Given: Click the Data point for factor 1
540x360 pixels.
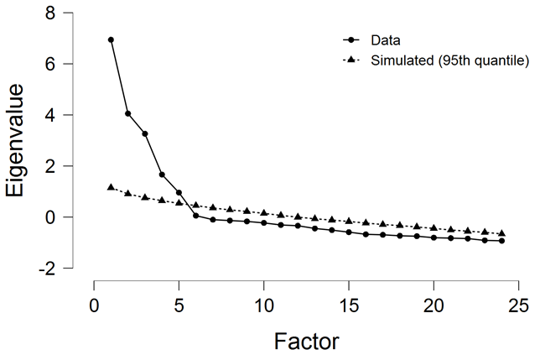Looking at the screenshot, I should pyautogui.click(x=111, y=39).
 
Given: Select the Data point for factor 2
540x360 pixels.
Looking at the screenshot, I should pyautogui.click(x=128, y=113).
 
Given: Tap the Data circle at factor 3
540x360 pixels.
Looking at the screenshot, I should pyautogui.click(x=145, y=133).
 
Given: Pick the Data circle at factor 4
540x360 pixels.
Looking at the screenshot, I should pyautogui.click(x=162, y=175).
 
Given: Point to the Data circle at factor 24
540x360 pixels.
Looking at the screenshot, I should pyautogui.click(x=501, y=241).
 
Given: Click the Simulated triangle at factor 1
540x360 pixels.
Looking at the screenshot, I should pyautogui.click(x=111, y=187).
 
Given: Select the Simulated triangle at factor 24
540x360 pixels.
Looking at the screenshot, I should pyautogui.click(x=501, y=233).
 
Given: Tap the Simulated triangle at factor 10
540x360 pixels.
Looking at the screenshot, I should pyautogui.click(x=264, y=213).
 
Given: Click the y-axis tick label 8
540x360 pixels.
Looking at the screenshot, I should pyautogui.click(x=51, y=13).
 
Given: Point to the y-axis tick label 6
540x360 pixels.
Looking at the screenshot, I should pyautogui.click(x=51, y=65).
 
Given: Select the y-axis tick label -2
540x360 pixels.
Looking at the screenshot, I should pyautogui.click(x=47, y=269).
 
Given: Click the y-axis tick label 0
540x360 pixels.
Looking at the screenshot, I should pyautogui.click(x=51, y=217).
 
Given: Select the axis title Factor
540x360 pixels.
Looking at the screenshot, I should pyautogui.click(x=306, y=341).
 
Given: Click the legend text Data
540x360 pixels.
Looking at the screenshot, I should pyautogui.click(x=387, y=39).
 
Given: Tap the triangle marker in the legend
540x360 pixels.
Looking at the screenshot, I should pyautogui.click(x=352, y=60).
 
